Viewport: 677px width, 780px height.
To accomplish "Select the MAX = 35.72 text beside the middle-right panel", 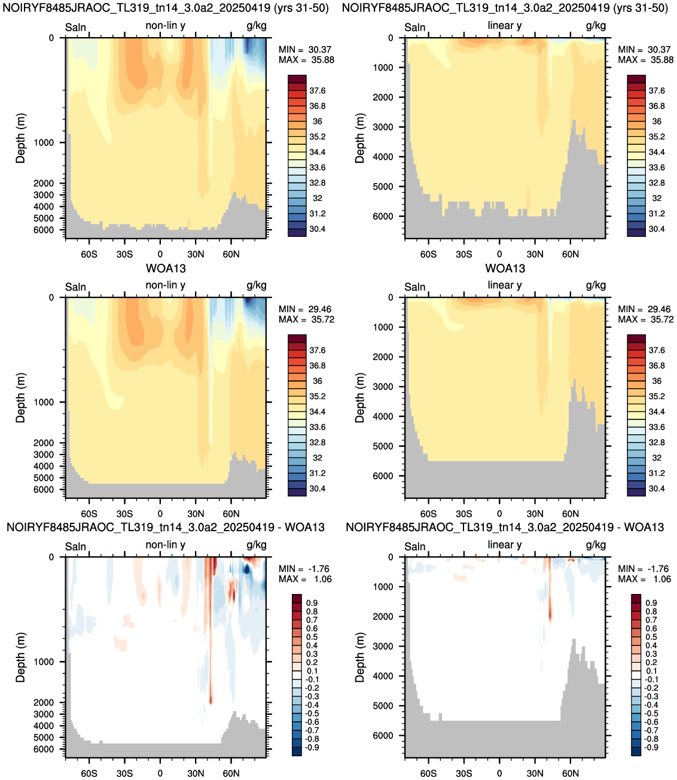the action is [646, 319].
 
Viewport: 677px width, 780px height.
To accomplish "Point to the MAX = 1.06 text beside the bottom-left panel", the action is [305, 579].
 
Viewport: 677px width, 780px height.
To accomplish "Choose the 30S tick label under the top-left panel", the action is [124, 254].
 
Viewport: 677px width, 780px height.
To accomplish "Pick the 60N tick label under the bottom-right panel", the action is [571, 773].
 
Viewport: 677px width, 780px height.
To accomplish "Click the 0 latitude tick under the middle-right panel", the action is [499, 514].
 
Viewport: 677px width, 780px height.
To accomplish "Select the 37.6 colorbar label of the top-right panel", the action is [657, 91].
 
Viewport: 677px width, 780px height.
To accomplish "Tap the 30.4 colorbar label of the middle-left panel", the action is [317, 489].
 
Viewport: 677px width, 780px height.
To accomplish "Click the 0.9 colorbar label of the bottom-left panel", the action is [312, 603].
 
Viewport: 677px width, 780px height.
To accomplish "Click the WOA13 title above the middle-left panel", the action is [166, 269].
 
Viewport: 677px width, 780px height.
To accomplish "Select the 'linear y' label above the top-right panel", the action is [505, 26].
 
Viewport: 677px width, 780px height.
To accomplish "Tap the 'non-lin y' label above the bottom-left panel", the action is [166, 545].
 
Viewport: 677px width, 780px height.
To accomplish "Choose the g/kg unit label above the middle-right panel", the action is [596, 285].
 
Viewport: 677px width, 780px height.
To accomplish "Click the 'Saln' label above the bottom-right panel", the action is [414, 547].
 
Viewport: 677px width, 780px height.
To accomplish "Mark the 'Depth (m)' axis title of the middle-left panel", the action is [20, 398].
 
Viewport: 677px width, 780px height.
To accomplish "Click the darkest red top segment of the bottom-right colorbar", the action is [636, 598].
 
